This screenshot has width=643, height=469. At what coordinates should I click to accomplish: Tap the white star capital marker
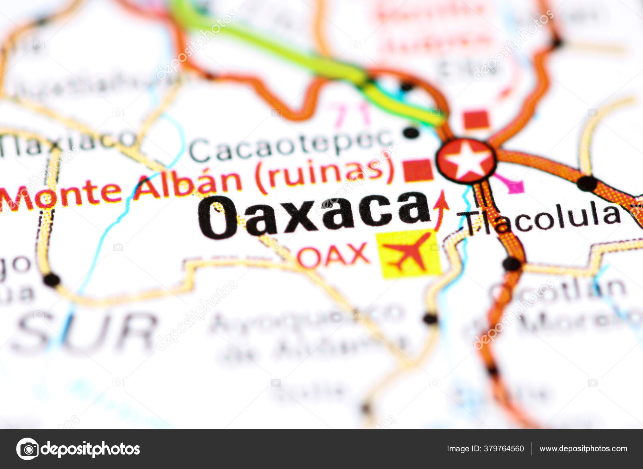467,161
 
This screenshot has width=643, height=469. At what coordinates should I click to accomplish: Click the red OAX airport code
334,255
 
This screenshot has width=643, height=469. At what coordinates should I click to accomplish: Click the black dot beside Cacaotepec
411,132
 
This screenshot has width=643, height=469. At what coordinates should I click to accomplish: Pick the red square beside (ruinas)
418,170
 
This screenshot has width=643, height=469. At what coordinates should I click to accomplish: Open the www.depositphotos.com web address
583,449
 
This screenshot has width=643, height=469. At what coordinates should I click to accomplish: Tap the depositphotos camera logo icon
28,449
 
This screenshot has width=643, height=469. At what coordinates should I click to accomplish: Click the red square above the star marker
477,120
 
